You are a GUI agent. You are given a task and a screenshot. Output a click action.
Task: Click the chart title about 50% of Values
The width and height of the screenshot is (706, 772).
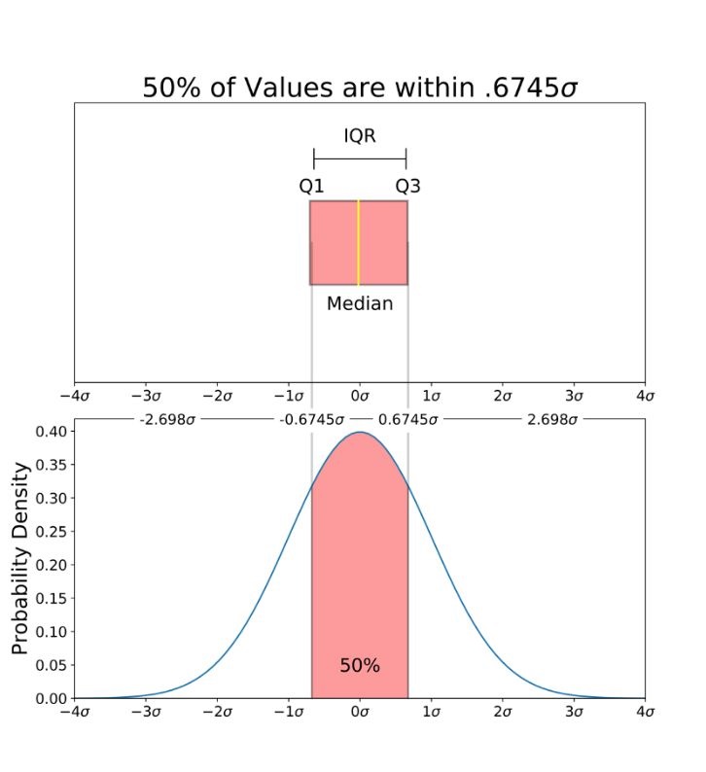pos(361,88)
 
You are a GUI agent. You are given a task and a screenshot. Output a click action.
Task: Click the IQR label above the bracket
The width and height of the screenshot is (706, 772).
pos(360,136)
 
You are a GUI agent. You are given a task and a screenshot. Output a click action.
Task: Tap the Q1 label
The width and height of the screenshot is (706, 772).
pos(311,185)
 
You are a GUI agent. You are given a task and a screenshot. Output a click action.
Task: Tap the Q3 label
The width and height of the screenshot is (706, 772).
pos(407,185)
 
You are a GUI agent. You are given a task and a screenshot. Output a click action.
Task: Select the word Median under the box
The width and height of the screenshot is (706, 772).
pos(360,303)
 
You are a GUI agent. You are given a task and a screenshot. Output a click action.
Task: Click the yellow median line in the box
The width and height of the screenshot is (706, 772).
pos(359,242)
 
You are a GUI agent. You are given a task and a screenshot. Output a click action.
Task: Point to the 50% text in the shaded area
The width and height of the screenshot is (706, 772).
pos(360,666)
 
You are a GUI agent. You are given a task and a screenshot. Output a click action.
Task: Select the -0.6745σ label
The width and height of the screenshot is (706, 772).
pos(312,420)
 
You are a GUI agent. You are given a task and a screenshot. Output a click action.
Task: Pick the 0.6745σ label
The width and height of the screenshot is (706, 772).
pos(407,420)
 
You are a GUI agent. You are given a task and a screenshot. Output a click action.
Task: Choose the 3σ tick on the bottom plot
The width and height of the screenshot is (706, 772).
pos(574,713)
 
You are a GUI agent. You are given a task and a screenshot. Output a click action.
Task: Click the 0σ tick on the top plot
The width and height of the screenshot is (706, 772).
pos(360,397)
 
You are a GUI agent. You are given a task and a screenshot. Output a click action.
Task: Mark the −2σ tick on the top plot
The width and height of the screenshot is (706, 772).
pos(218,397)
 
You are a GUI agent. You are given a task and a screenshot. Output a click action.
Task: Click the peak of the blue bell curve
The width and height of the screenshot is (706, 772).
pos(360,432)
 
